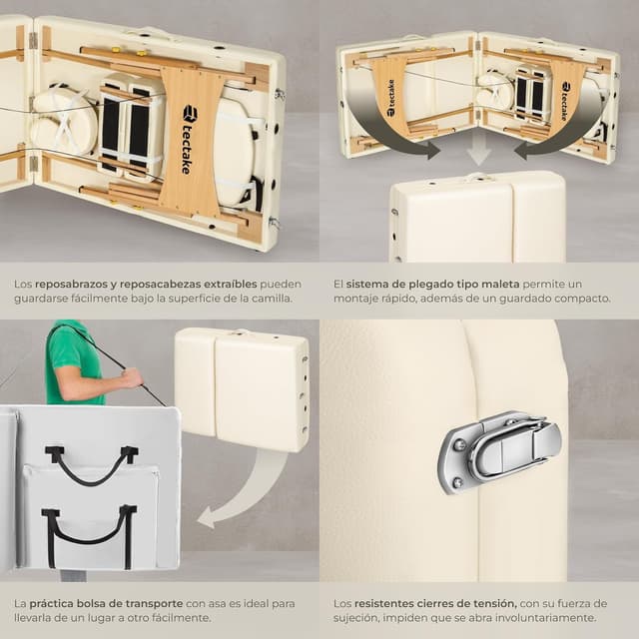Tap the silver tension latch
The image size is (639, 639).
point(499,451)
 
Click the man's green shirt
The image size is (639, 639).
point(73,362)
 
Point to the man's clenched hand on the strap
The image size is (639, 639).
point(133,378)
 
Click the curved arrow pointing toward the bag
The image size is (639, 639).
point(245,493)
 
